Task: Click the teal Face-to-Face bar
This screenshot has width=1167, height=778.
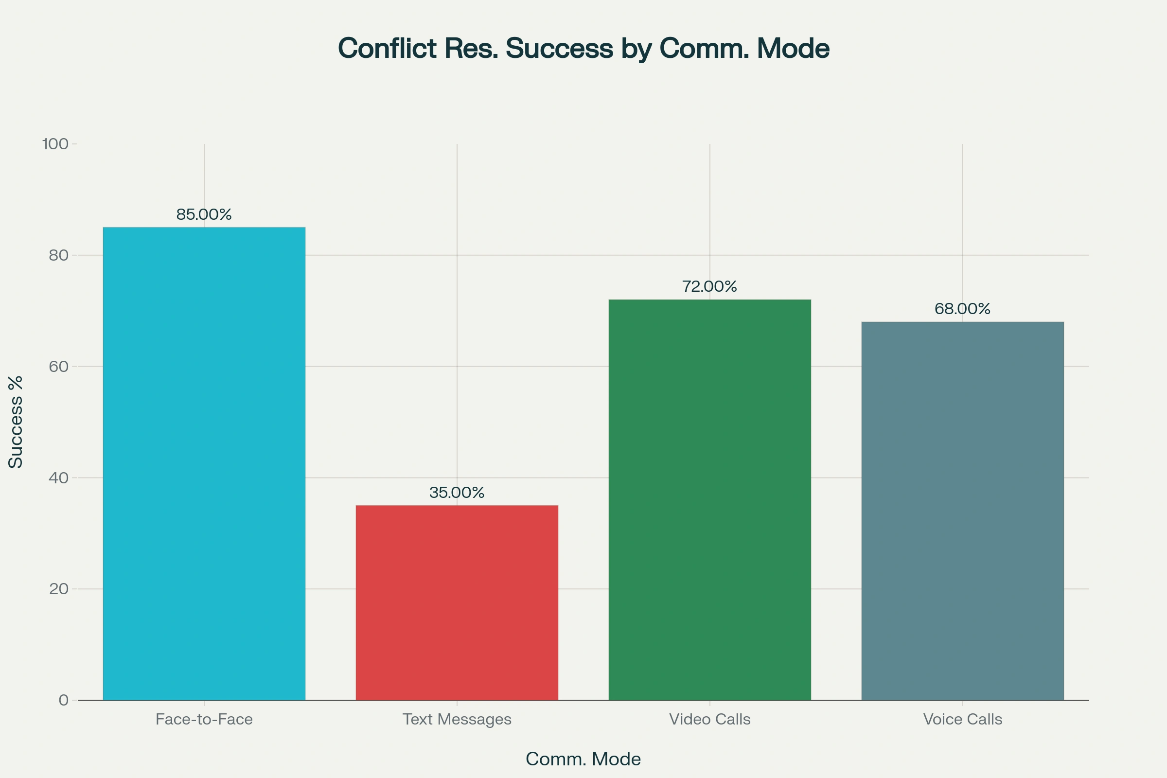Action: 204,463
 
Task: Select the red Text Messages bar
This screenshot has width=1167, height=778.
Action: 457,602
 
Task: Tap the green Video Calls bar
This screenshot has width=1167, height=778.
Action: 709,500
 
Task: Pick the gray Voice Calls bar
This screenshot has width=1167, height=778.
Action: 962,511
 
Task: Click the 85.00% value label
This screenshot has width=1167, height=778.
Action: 204,214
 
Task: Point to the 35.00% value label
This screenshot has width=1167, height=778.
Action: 457,492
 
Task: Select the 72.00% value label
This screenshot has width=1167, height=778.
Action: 709,286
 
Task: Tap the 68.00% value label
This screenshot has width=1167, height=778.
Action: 962,309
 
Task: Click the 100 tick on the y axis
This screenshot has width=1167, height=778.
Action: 55,144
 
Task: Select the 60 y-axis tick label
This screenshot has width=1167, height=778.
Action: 58,366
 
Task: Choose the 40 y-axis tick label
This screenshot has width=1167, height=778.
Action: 58,478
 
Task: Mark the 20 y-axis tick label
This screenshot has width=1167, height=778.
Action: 58,589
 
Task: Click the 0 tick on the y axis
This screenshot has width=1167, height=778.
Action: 64,700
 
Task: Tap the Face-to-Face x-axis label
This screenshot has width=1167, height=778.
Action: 204,720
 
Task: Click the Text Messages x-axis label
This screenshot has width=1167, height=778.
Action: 457,720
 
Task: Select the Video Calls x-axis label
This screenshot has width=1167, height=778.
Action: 709,720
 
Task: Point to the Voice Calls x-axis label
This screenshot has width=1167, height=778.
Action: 962,720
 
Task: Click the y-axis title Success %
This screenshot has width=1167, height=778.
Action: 16,422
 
